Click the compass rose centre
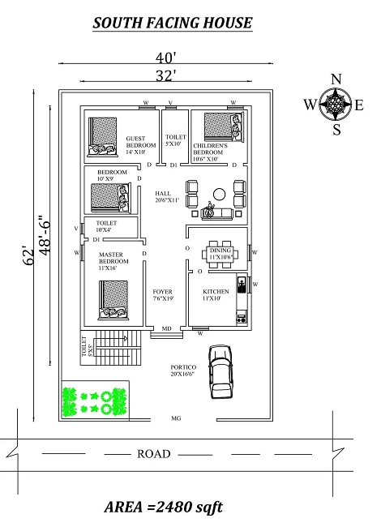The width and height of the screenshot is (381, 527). [x=336, y=104]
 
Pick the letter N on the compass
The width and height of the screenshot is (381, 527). [x=336, y=79]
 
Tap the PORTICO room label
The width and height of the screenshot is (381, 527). [x=182, y=367]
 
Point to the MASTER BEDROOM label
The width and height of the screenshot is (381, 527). [x=110, y=260]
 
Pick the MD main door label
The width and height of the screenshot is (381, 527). [x=165, y=329]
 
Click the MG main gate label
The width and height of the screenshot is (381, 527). [x=176, y=419]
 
